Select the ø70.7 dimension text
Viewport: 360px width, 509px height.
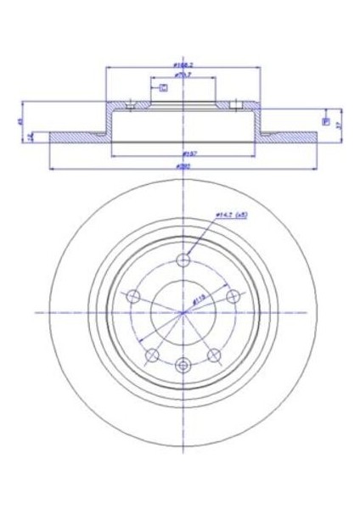(183, 75)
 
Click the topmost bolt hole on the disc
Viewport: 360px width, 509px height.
(183, 260)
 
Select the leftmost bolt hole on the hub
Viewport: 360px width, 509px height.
(132, 296)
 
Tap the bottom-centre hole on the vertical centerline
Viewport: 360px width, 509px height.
(183, 365)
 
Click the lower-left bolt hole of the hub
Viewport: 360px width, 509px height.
(151, 355)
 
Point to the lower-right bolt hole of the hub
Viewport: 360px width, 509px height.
(216, 355)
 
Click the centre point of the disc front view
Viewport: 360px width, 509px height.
(183, 313)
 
